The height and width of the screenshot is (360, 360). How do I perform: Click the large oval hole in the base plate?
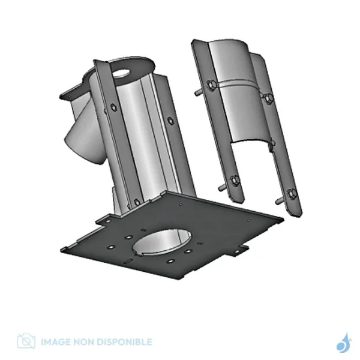162,242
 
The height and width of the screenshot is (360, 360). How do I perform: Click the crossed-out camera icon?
26,341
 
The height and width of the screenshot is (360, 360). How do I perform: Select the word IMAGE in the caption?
56,341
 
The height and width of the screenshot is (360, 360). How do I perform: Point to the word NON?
83,341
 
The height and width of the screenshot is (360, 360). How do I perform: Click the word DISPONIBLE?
124,341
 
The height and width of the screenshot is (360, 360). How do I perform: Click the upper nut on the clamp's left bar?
211,85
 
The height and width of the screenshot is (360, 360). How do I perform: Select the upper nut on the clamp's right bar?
268,98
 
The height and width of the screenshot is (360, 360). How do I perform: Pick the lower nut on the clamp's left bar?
234,181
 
